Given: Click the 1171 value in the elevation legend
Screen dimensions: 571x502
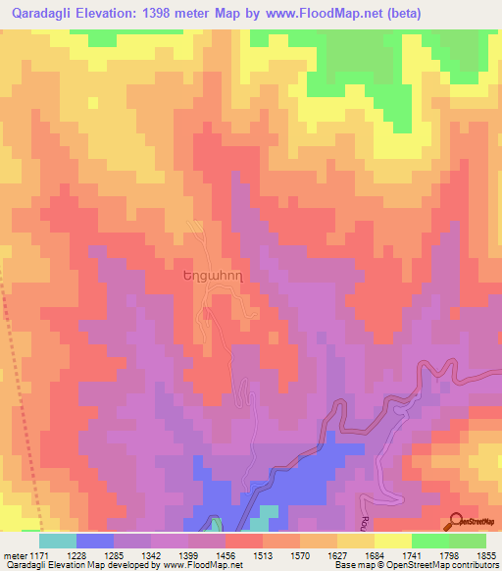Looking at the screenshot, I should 38,554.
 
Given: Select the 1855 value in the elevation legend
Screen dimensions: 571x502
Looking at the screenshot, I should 483,554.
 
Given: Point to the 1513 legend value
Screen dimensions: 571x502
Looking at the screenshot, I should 261,554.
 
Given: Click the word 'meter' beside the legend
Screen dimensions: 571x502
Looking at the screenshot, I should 12,554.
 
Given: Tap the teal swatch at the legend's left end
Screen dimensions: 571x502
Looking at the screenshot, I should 57,541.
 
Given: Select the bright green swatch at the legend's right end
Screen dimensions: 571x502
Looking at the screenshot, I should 468,541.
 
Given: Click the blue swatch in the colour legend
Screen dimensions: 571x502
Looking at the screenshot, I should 94,541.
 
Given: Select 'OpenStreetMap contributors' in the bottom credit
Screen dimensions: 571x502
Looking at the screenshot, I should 444,565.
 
